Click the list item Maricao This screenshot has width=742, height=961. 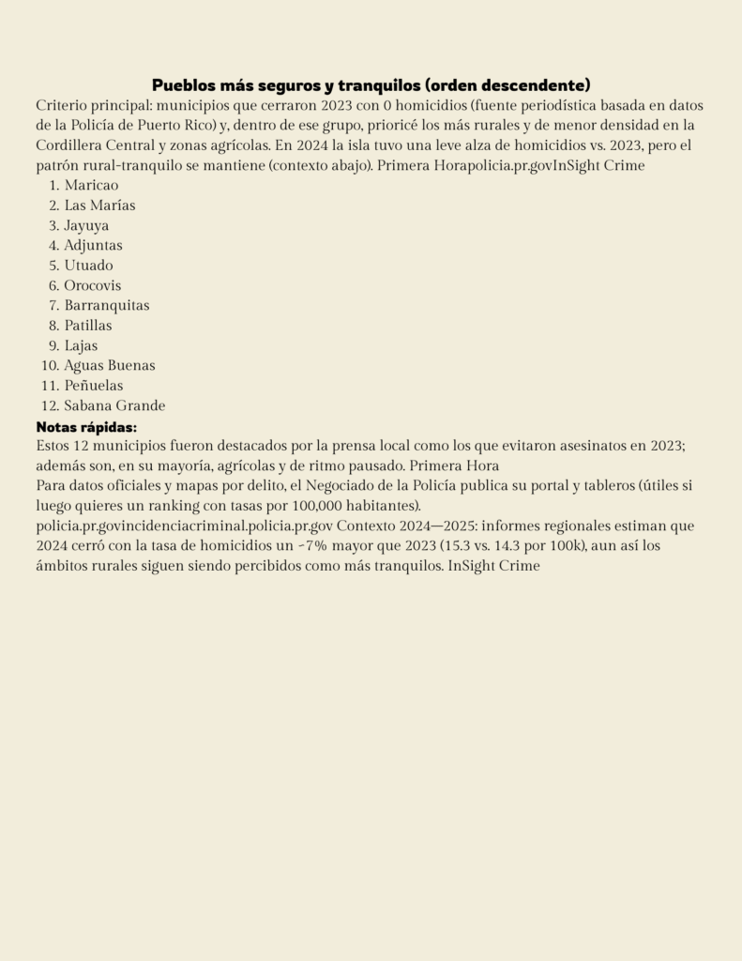coord(91,185)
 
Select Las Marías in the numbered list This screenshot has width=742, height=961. coord(99,206)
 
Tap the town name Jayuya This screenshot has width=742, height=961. coord(86,225)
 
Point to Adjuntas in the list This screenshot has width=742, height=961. coord(93,245)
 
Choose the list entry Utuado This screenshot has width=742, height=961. coord(88,266)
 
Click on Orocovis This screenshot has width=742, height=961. coord(92,285)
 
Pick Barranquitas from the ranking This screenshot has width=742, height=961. coord(106,305)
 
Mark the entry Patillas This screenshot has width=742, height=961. coord(87,326)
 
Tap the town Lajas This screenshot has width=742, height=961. coord(81,345)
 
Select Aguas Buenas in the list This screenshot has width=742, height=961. coord(109,365)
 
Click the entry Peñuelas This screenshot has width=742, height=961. coord(93,386)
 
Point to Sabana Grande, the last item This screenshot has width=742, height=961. coord(114,405)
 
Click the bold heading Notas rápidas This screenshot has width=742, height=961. coord(86,426)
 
